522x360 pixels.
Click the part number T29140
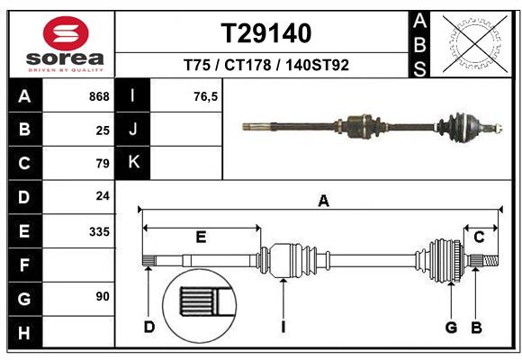pos(266,34)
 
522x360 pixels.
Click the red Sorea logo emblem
pos(65,35)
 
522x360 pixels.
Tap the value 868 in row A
pos(99,96)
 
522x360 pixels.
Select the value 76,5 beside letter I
pos(206,96)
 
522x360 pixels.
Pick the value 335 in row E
pos(99,231)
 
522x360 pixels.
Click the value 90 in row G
pos(102,296)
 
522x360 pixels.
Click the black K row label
pos(133,163)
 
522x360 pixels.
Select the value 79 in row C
pos(102,164)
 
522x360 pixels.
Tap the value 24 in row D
pos(102,195)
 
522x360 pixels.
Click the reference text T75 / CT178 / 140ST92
pos(266,66)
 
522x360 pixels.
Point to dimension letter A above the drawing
pos(323,202)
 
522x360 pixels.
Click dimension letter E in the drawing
pos(201,237)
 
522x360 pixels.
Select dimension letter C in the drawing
pos(480,237)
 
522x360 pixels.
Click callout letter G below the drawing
pos(452,327)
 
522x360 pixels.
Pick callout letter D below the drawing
pos(149,327)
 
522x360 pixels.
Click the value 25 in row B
pos(102,130)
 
